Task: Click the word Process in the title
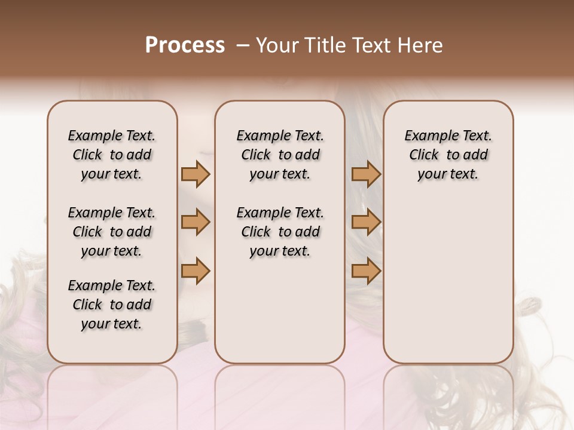point(185,45)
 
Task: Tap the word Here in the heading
point(420,45)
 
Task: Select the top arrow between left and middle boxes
point(196,174)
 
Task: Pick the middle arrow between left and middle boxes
point(196,222)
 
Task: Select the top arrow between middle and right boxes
point(366,174)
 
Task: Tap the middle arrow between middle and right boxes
point(366,222)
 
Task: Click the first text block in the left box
point(112,155)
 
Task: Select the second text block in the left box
point(112,232)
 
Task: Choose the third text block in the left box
point(112,305)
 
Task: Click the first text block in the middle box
point(280,155)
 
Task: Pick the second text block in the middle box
point(280,232)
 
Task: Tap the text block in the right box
point(448,155)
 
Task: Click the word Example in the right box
point(428,136)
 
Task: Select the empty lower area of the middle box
point(280,311)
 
